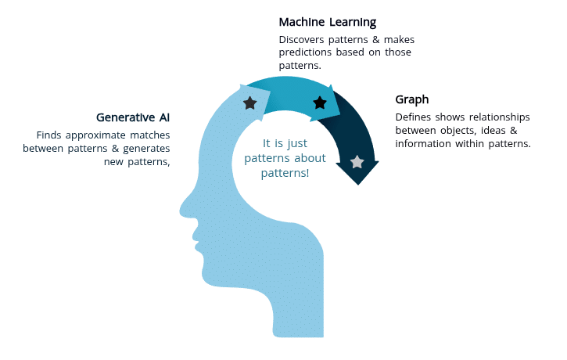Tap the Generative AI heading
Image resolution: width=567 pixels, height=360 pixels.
click(133, 117)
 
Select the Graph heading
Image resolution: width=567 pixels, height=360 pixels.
click(412, 100)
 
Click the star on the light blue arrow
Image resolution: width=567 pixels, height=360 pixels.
click(249, 103)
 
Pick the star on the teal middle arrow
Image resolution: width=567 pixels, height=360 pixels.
click(319, 103)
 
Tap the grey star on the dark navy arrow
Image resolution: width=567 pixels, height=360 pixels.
click(357, 162)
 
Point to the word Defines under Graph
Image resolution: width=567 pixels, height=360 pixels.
click(413, 117)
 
